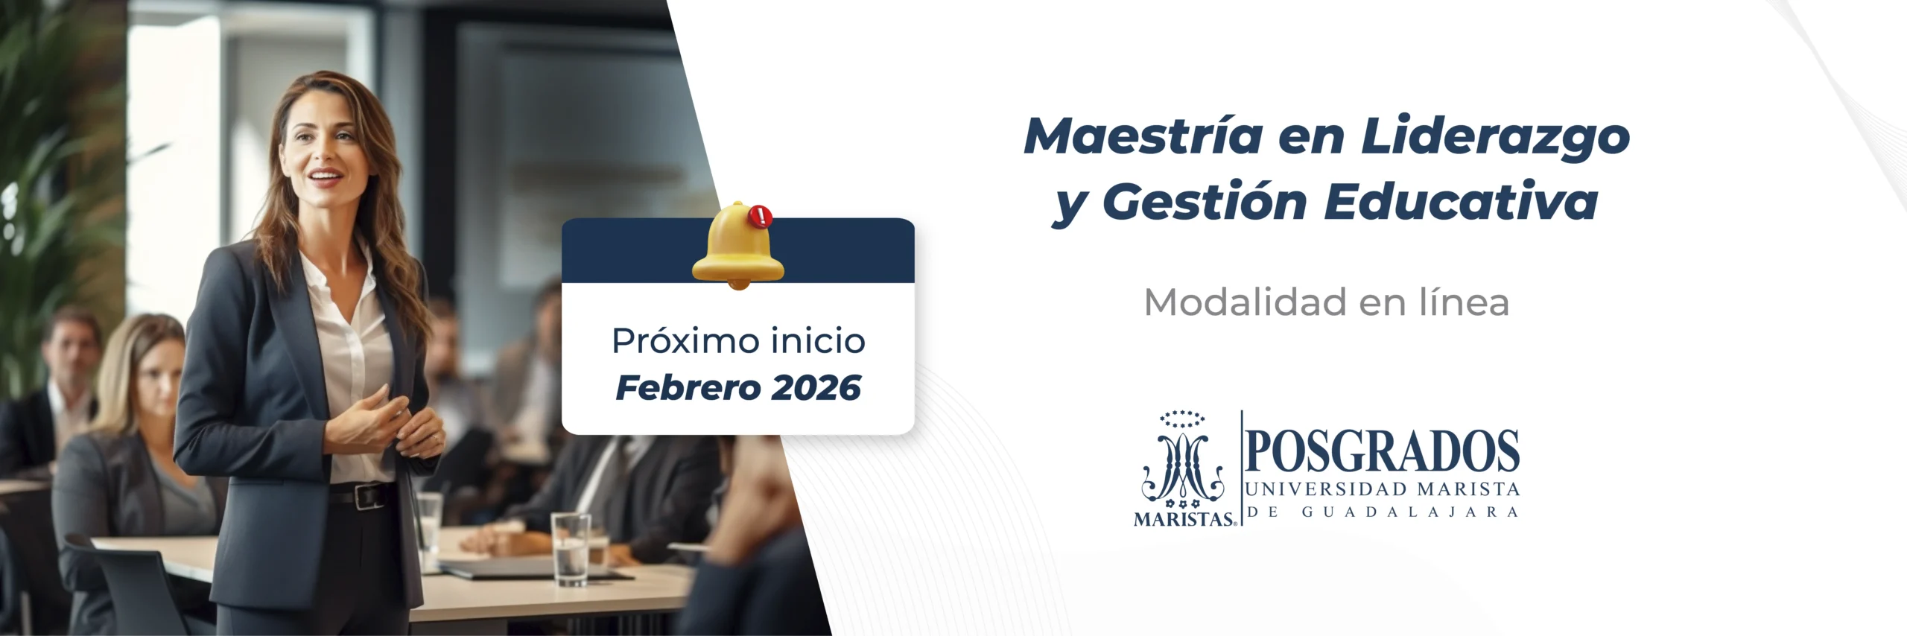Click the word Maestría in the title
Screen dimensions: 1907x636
click(1143, 136)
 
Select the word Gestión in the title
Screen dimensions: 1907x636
click(1205, 201)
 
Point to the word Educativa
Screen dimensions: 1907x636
click(1461, 201)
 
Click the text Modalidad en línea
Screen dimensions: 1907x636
click(1326, 302)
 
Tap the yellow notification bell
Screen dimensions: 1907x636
click(737, 246)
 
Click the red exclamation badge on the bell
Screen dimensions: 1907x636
click(761, 217)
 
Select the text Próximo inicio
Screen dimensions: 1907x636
click(738, 341)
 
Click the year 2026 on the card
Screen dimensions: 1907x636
click(816, 388)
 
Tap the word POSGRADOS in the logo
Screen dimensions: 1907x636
click(1383, 451)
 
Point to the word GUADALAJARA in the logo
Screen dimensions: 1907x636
click(1409, 512)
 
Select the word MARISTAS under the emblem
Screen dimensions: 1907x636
click(1184, 519)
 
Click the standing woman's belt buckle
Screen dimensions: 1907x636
click(366, 496)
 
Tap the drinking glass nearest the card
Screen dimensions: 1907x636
click(571, 549)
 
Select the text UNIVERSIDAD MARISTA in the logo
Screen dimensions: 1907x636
click(1383, 489)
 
